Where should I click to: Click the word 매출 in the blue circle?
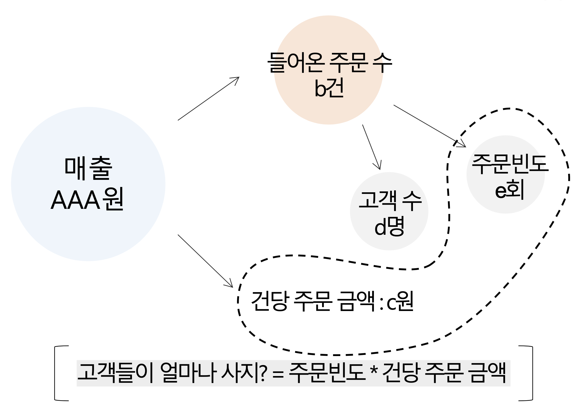point(88,168)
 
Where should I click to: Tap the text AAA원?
point(87,200)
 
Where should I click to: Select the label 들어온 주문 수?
point(329,62)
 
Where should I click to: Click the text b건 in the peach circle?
point(329,89)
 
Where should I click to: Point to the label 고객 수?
point(390,200)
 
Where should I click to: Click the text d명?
point(389,227)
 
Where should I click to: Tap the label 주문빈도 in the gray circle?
point(510,164)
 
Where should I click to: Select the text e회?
point(510,191)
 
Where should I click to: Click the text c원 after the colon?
point(400,301)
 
